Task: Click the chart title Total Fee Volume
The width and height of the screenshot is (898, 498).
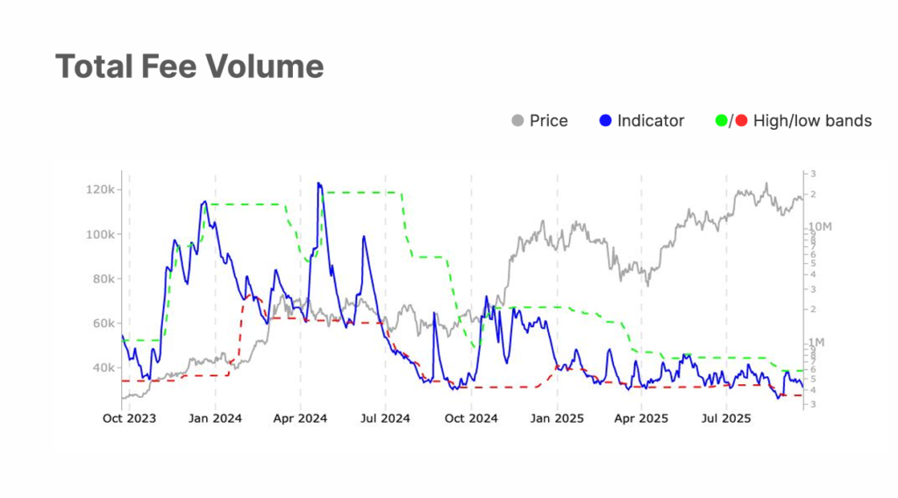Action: click(x=189, y=67)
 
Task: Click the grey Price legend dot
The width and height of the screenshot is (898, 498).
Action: click(x=517, y=120)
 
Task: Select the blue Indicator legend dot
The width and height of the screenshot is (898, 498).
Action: click(x=605, y=120)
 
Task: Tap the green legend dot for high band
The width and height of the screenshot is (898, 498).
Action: click(x=722, y=120)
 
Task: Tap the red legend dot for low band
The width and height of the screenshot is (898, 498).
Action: click(x=741, y=120)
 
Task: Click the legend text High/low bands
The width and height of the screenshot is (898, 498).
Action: click(x=812, y=121)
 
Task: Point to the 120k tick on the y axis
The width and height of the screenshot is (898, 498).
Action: click(x=97, y=190)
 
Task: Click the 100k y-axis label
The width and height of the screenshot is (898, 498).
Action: click(x=97, y=235)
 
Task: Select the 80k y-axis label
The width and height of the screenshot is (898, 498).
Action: click(x=100, y=279)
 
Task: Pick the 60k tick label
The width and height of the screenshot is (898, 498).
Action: click(x=100, y=324)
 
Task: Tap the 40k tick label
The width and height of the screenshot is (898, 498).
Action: click(x=100, y=367)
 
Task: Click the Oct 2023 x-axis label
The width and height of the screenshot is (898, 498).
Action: click(x=129, y=418)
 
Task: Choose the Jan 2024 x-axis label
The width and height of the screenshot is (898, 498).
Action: click(x=216, y=418)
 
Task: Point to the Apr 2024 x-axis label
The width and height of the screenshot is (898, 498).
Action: click(x=300, y=418)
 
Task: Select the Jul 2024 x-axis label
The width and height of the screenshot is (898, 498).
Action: click(x=384, y=418)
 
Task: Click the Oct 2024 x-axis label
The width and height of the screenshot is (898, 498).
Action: click(x=471, y=418)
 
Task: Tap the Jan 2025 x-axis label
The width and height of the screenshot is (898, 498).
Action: click(x=556, y=418)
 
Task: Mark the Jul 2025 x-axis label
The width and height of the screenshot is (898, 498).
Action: click(x=725, y=418)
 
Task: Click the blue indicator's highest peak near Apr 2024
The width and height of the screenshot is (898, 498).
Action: click(x=318, y=183)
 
